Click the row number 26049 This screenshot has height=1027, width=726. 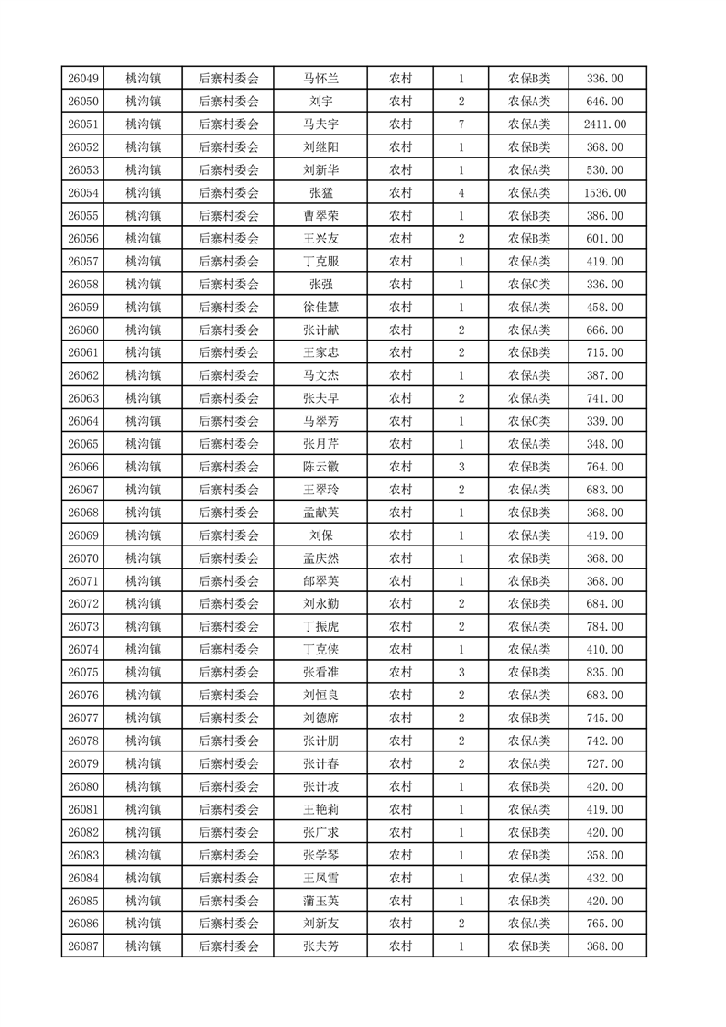click(x=83, y=79)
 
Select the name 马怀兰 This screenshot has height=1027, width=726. click(x=320, y=79)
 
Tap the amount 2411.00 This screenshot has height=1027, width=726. click(x=604, y=124)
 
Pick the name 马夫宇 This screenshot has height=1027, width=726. click(x=320, y=124)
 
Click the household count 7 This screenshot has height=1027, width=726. click(x=461, y=124)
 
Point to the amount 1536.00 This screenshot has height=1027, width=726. click(x=604, y=193)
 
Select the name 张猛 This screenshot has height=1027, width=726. click(x=320, y=193)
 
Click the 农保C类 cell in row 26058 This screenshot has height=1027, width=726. click(x=529, y=285)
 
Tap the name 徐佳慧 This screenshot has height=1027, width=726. click(x=320, y=308)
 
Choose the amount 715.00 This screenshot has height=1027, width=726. click(x=604, y=353)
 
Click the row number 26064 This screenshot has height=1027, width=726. click(x=83, y=421)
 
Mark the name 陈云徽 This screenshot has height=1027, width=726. click(x=320, y=467)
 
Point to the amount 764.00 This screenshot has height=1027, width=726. click(x=604, y=467)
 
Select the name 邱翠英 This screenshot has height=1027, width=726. click(x=320, y=581)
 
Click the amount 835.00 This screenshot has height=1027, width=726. click(x=604, y=673)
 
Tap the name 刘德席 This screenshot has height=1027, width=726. click(x=320, y=719)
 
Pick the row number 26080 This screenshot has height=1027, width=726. click(x=83, y=786)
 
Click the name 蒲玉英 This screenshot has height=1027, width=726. click(x=320, y=901)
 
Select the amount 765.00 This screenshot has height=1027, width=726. click(x=604, y=924)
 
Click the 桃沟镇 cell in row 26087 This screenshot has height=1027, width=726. click(x=143, y=946)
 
